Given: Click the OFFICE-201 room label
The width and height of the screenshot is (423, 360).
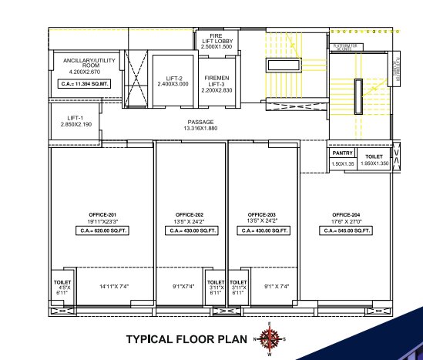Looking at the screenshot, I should [102, 214].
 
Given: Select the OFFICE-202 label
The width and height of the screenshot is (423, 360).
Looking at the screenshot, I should [190, 214].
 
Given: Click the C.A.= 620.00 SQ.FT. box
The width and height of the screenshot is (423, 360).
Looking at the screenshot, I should [102, 230].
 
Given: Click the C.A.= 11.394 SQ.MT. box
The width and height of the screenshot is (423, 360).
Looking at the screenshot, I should [84, 83].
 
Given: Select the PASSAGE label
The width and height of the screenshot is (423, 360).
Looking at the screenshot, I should [200, 122].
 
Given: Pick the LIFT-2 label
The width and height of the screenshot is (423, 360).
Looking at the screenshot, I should [175, 78].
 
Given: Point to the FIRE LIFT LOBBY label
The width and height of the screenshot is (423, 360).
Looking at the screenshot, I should [216, 41].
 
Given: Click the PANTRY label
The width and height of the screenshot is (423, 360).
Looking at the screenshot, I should [342, 153].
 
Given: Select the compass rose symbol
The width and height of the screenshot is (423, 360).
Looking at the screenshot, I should [270, 338].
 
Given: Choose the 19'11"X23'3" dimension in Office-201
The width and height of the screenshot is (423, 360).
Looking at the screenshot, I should [102, 221].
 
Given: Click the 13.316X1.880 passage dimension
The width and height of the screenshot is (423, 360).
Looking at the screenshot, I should [200, 129].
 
